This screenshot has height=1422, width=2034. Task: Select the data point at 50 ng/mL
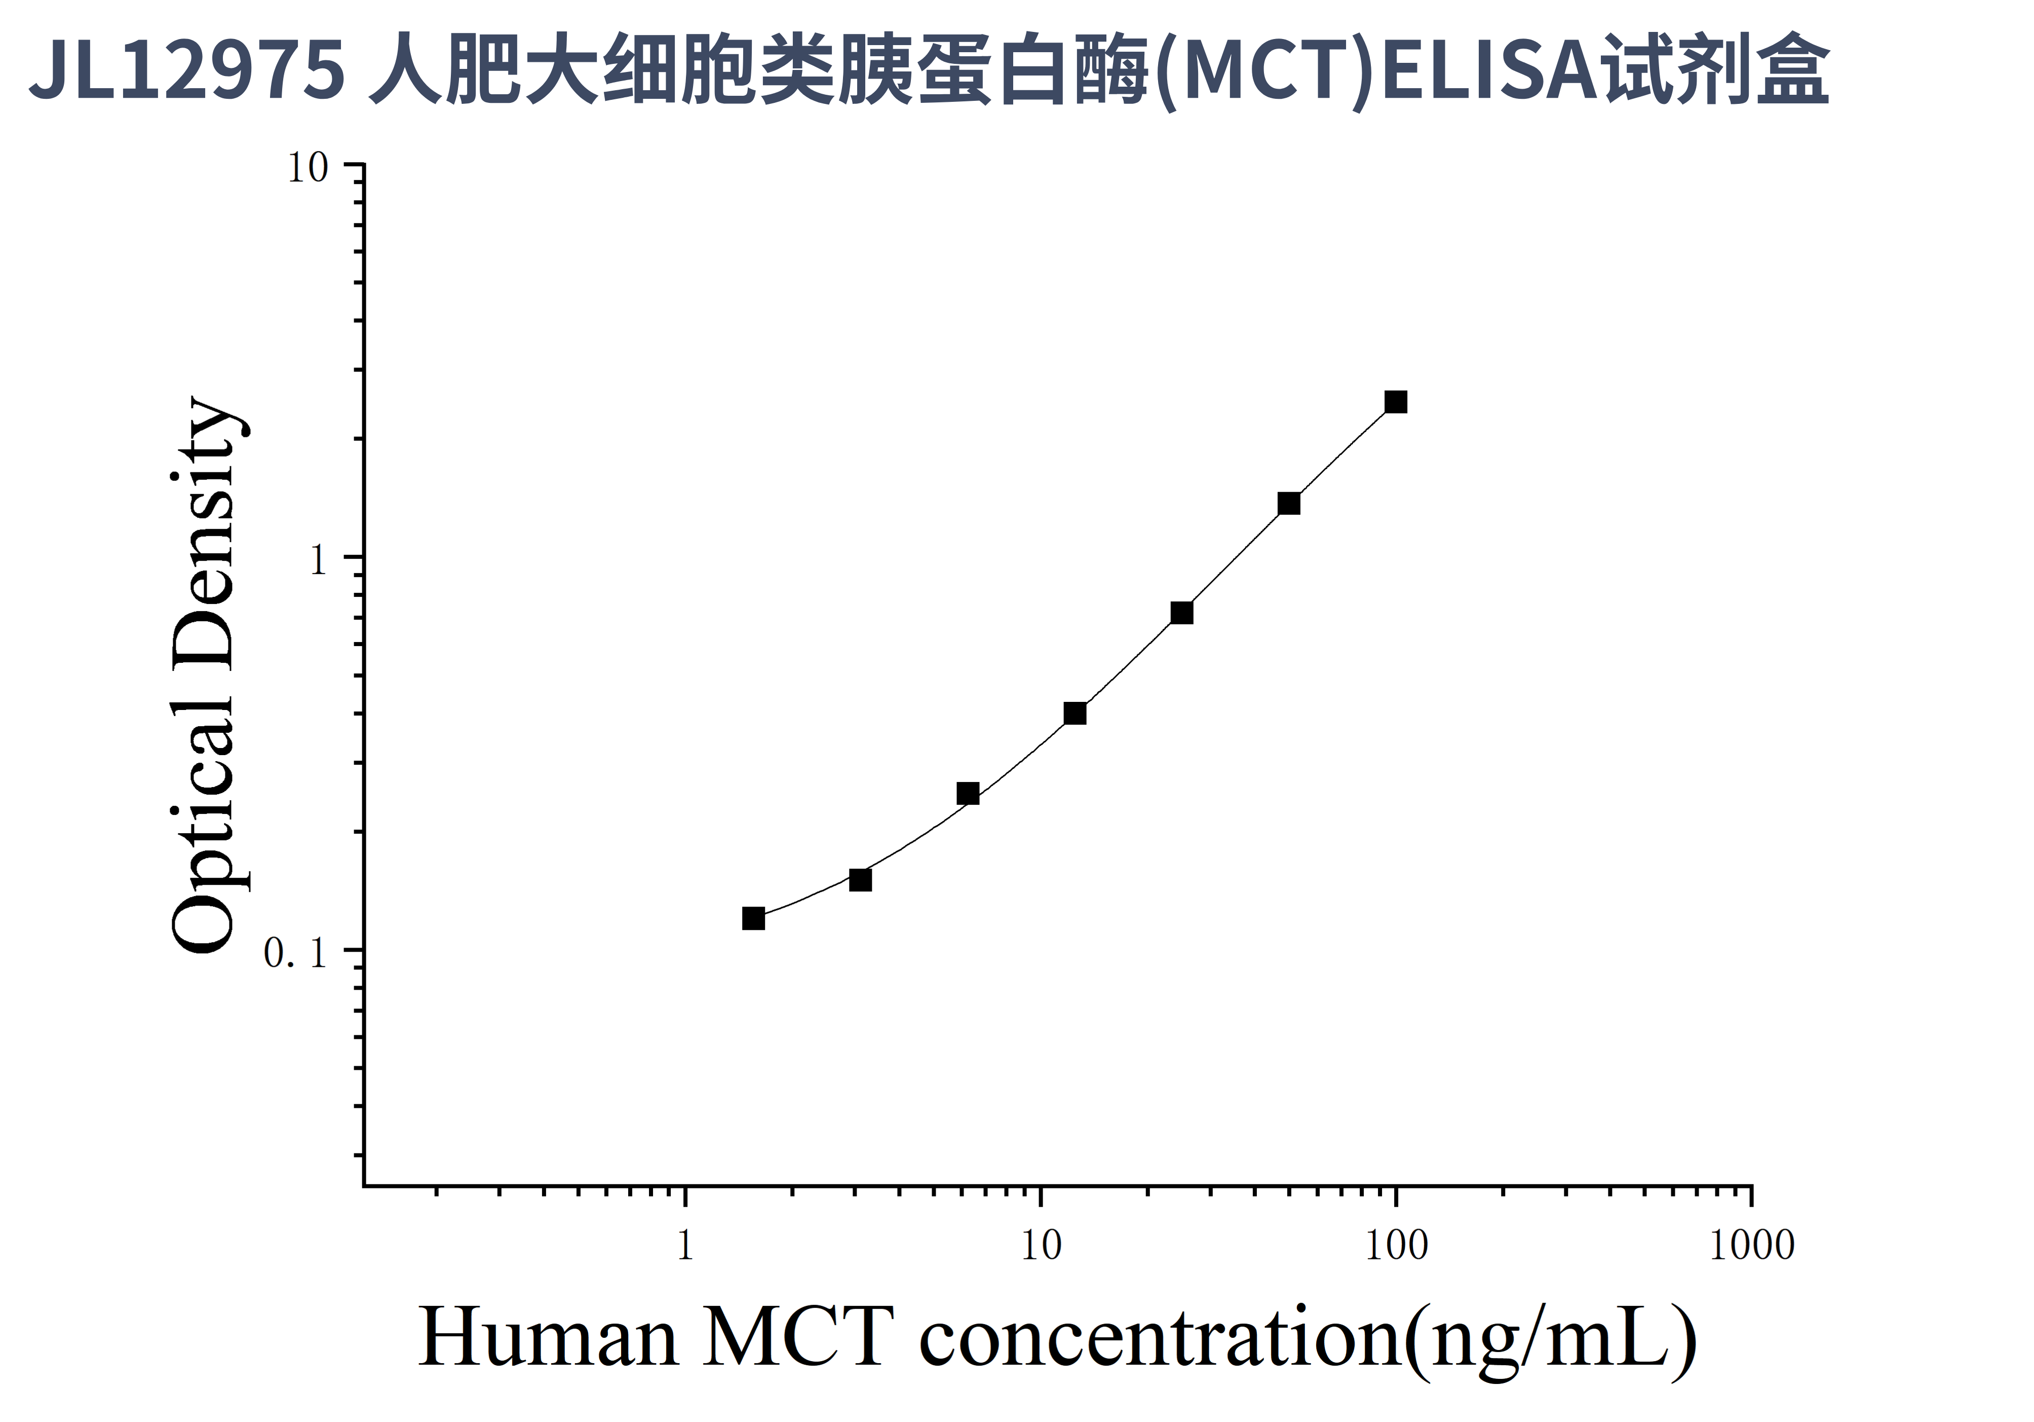(x=1289, y=503)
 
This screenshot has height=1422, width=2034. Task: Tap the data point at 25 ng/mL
(x=1182, y=613)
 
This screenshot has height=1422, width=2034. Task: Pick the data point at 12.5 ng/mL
(x=1074, y=713)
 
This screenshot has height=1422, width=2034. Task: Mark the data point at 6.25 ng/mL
(x=968, y=793)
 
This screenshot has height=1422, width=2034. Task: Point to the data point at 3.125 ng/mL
(x=860, y=880)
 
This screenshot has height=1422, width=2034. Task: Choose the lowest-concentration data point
(x=753, y=919)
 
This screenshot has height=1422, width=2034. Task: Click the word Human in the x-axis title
(x=548, y=1338)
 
